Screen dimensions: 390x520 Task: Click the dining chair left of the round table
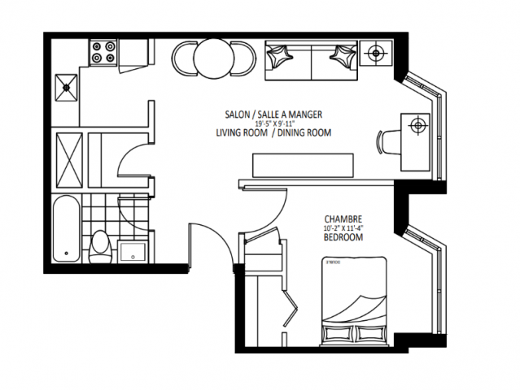tap(184, 58)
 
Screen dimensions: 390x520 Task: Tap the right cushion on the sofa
tap(340, 57)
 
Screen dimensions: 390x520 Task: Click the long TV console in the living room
tap(304, 165)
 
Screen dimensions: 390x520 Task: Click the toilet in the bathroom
tap(101, 244)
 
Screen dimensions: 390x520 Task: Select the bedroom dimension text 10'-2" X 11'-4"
tap(343, 228)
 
